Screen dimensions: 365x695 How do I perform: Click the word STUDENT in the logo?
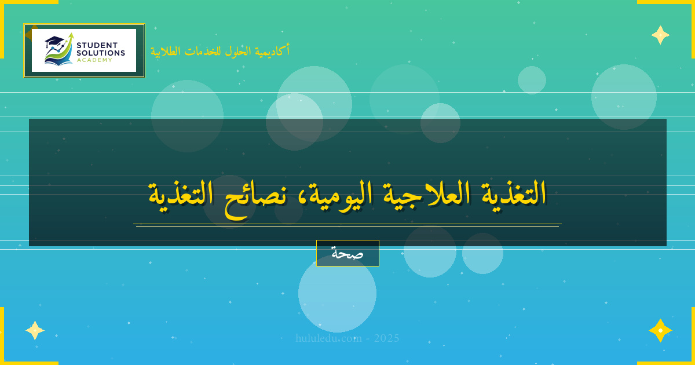97,45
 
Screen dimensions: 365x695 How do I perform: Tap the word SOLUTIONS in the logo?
101,53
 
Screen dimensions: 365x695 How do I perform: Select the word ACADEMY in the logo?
95,60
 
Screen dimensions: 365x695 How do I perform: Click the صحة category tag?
348,253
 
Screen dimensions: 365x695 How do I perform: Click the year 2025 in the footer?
386,338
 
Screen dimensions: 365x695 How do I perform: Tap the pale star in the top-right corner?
660,35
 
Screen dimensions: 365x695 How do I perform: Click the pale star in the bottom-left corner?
35,330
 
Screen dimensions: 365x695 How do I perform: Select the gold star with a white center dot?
660,330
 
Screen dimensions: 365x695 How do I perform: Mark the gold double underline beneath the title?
348,225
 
